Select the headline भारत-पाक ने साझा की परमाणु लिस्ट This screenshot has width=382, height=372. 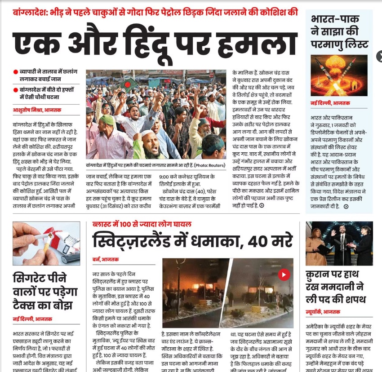pos(340,32)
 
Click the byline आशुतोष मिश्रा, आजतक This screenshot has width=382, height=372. pos(37,110)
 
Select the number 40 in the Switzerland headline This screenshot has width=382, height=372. pos(262,241)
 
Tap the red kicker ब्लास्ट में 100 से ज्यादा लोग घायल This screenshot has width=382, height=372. pos(142,223)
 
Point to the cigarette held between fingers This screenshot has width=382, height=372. pos(43,238)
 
